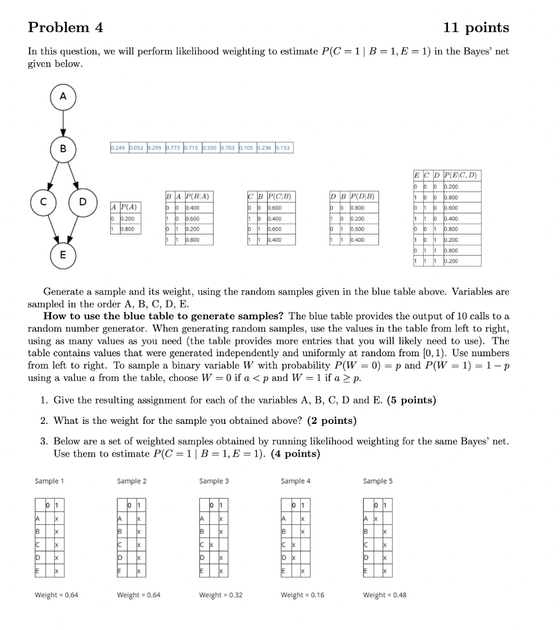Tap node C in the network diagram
[x=42, y=201]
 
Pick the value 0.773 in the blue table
[x=171, y=148]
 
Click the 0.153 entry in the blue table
[x=284, y=148]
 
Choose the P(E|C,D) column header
[x=463, y=175]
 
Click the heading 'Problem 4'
[x=66, y=28]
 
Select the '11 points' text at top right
[x=476, y=28]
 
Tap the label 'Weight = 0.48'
[x=385, y=595]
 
